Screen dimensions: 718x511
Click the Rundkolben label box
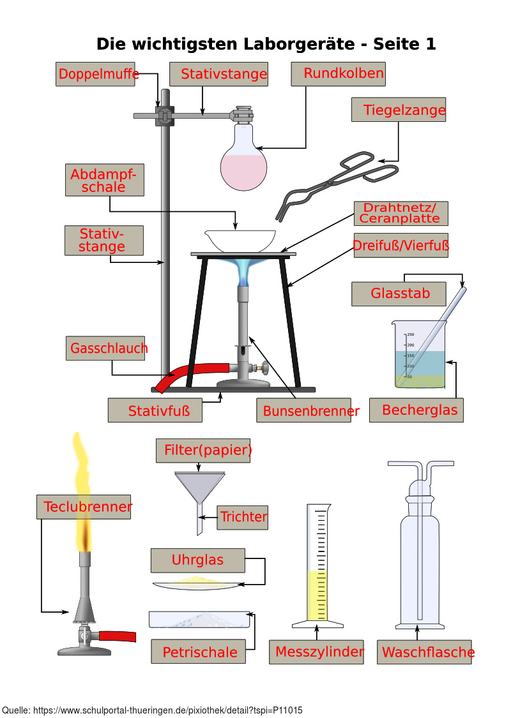(x=339, y=74)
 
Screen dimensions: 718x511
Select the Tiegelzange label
(x=399, y=110)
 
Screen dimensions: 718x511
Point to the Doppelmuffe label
(x=98, y=74)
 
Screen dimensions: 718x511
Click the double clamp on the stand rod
(x=165, y=116)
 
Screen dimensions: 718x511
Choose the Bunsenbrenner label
(x=307, y=410)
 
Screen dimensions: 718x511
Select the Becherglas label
(x=416, y=410)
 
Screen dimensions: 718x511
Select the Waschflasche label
(x=424, y=652)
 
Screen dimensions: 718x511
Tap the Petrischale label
(x=199, y=652)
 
